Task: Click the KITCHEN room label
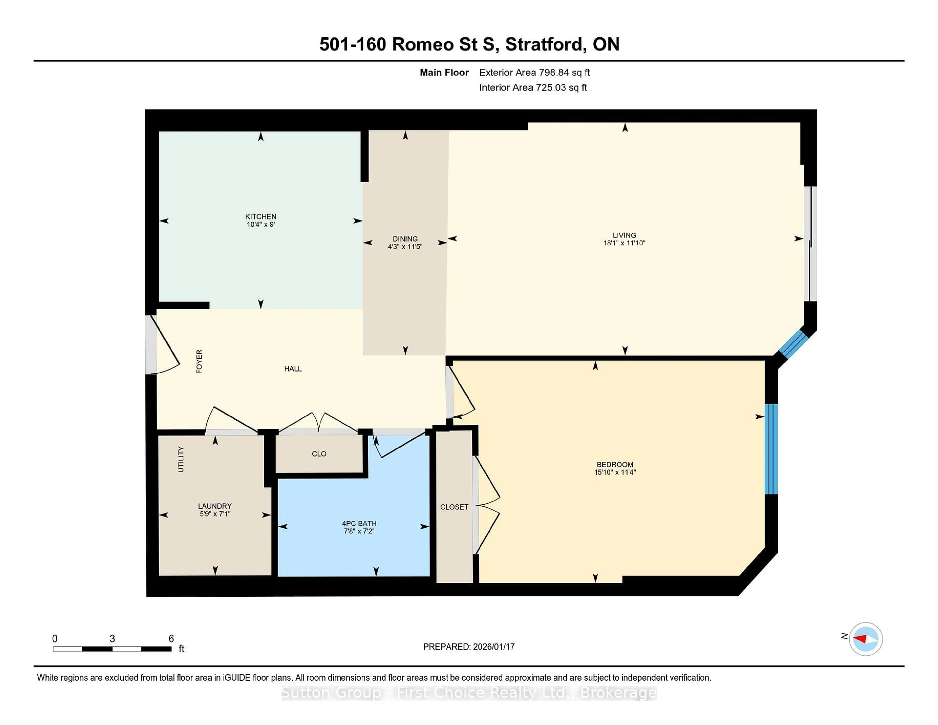coord(261,216)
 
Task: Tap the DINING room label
coord(405,239)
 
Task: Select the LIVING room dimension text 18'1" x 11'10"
coord(624,243)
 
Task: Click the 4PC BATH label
coord(359,523)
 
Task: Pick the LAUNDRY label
coord(215,506)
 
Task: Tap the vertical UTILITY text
coord(181,459)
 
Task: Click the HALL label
coord(293,369)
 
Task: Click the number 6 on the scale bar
coord(171,639)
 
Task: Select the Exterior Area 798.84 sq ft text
coord(534,73)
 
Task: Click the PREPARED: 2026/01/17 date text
coord(469,647)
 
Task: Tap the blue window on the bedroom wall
coord(771,449)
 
